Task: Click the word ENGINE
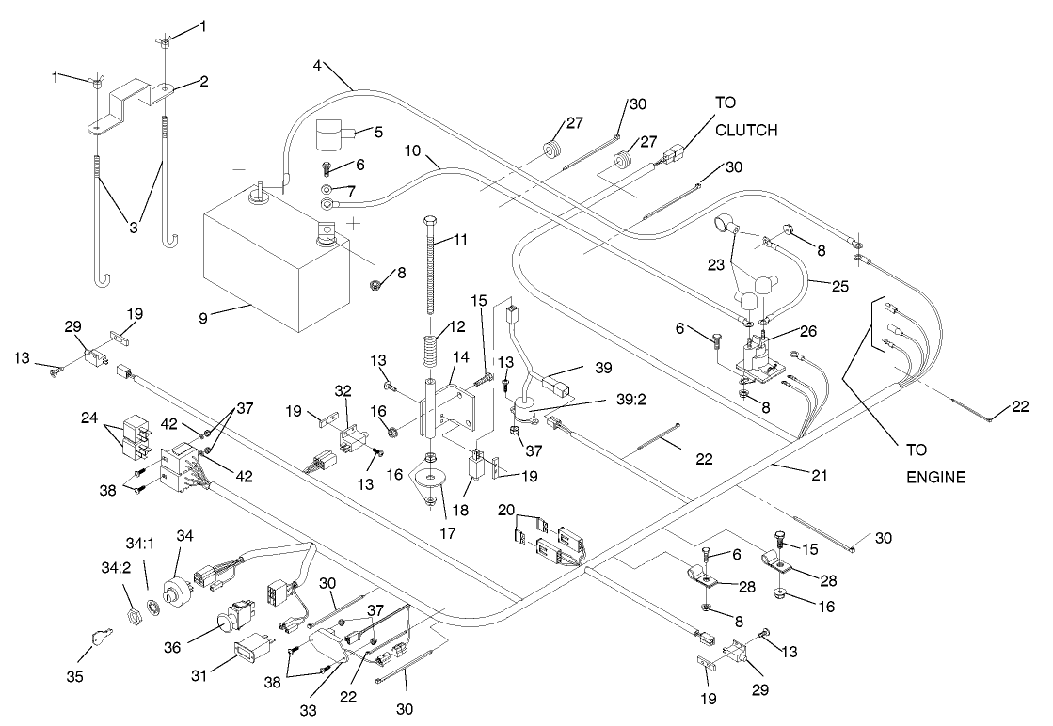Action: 935,477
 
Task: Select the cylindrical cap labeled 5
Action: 331,135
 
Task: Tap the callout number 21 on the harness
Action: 820,477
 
